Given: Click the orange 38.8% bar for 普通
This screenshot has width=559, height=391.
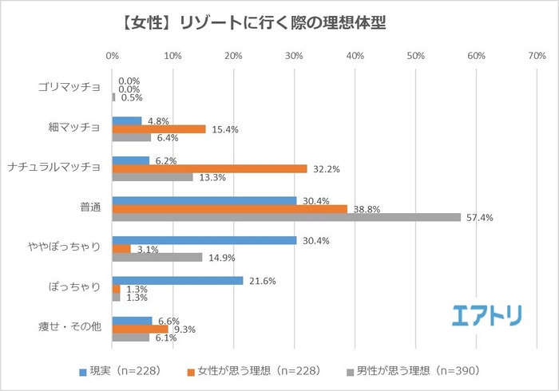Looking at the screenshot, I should tap(230, 208).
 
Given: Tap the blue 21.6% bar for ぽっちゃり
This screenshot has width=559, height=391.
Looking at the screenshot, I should tap(177, 280).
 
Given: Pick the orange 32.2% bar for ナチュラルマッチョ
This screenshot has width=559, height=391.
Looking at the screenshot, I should tap(209, 168).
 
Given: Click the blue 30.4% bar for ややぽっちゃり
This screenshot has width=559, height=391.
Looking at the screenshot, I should tap(204, 240).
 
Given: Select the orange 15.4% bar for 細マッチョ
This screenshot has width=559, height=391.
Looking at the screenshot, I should tap(158, 128).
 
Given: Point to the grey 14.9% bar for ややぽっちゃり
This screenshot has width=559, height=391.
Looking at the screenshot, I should tap(157, 257).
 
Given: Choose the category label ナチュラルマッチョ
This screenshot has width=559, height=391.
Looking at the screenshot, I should tap(53, 168).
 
